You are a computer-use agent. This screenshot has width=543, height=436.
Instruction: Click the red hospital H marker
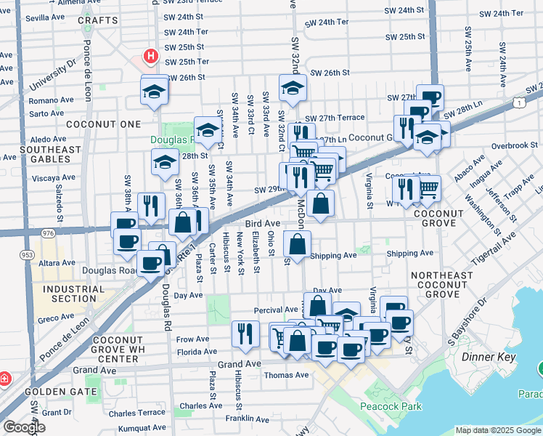150,56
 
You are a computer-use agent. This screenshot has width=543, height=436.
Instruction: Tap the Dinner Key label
489,357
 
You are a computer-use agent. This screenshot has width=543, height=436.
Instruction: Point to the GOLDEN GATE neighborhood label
62,391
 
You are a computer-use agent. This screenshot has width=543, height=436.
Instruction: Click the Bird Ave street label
262,223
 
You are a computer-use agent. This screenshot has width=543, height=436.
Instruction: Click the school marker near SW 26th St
293,88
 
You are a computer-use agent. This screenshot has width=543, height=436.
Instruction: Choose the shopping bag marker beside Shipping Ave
297,243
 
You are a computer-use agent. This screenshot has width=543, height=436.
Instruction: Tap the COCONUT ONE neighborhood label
103,124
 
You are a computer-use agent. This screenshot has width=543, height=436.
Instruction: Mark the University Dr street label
52,76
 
